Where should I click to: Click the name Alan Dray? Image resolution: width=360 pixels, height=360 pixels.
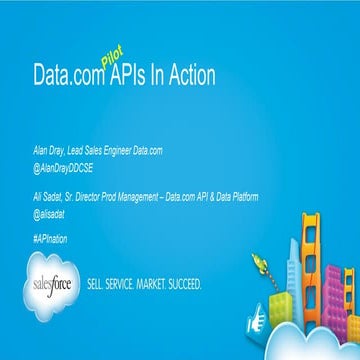click(x=50, y=148)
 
